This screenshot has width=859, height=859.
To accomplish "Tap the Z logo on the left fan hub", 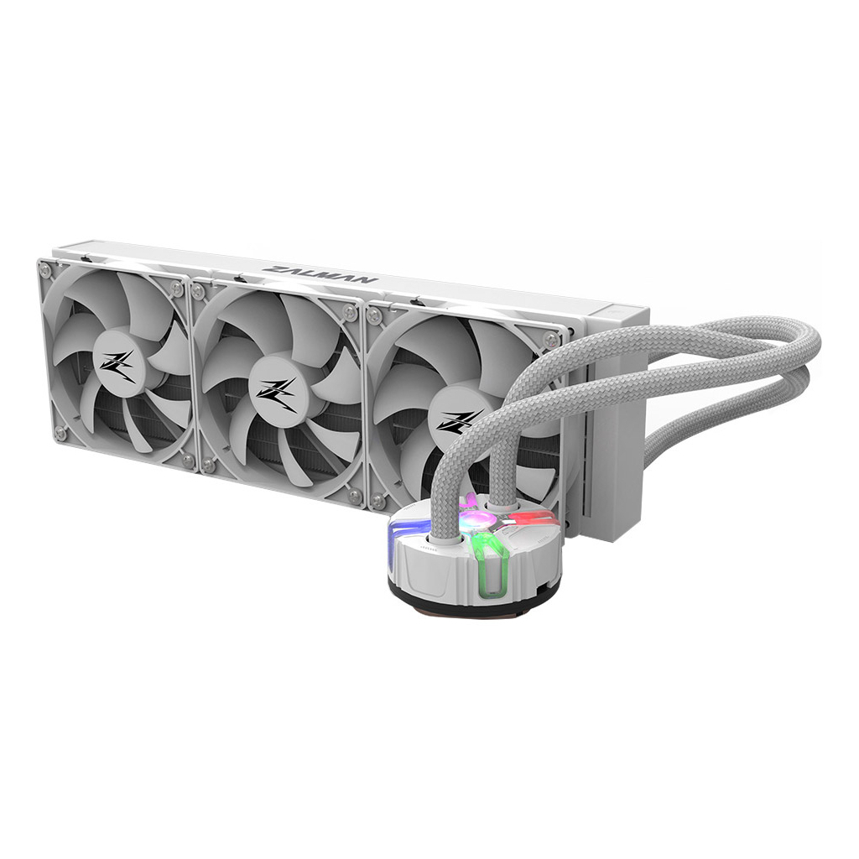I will (117, 367).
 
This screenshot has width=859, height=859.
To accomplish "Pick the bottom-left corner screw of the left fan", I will (60, 432).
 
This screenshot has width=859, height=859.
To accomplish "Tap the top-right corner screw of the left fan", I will (176, 288).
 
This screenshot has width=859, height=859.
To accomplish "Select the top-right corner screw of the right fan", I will (550, 339).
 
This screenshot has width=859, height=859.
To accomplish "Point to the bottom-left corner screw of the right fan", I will (378, 502).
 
